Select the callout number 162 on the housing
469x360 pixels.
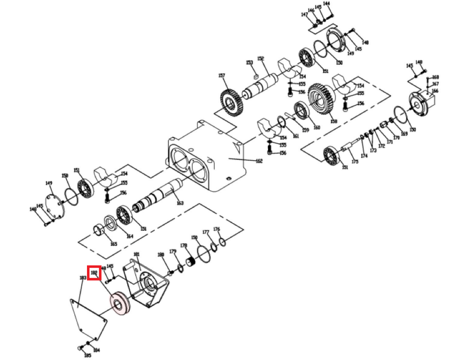259,161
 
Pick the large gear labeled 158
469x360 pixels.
319,103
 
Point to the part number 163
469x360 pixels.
180,203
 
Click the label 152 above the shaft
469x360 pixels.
260,59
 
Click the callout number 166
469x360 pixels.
435,91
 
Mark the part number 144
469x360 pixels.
326,4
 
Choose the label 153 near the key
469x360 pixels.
249,63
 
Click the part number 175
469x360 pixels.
355,161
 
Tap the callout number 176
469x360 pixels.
217,229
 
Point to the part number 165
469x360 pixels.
114,244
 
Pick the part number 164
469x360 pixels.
130,236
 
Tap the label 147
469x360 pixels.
305,15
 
